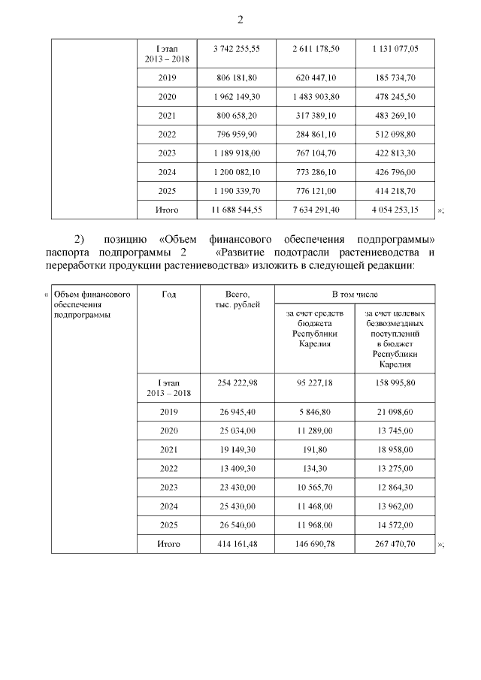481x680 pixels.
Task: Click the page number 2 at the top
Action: point(240,20)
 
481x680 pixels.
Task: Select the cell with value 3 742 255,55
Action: point(236,48)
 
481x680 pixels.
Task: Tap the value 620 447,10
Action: point(315,77)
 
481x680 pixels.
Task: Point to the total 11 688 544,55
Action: point(236,210)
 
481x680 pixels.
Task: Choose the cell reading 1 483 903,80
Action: point(315,97)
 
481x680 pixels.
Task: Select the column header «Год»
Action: point(169,295)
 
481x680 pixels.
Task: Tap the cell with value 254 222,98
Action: point(236,382)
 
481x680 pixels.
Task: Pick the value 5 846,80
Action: point(315,412)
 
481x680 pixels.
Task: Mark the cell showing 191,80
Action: point(315,450)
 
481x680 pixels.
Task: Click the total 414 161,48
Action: point(236,544)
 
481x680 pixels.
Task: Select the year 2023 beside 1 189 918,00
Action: point(168,153)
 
